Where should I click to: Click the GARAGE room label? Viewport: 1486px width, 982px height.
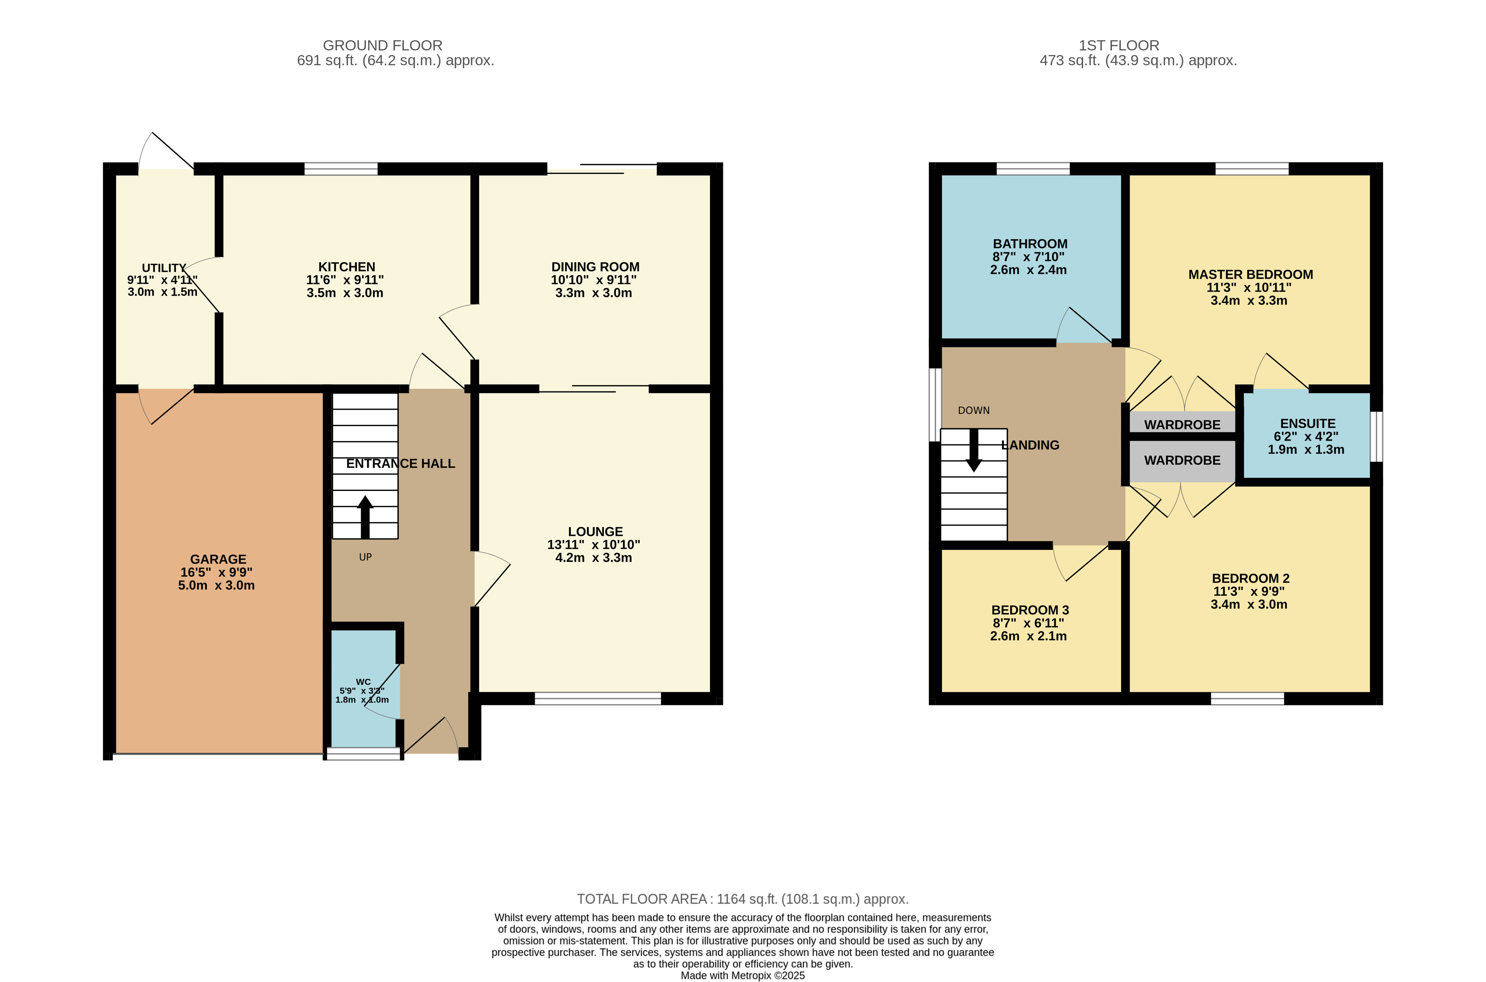tap(218, 559)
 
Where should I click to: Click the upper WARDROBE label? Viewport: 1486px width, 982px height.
tap(1182, 424)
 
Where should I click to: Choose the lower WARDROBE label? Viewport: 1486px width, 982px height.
tap(1182, 460)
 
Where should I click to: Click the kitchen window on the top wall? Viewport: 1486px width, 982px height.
tap(341, 169)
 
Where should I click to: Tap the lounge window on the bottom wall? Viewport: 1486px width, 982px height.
tap(598, 698)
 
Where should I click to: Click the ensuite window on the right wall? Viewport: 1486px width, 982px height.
tap(1376, 436)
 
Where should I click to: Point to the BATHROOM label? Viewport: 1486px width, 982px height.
tap(1030, 244)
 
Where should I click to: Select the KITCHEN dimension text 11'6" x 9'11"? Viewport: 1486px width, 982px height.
tap(345, 280)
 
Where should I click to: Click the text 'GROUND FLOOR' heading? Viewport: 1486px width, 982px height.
tap(383, 46)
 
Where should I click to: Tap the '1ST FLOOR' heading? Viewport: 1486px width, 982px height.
tap(1119, 46)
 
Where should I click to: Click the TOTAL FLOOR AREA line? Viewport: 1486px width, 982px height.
tap(743, 899)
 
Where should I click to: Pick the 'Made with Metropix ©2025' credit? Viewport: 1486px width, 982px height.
tap(743, 976)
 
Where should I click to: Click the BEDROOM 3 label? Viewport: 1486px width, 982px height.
tap(1030, 610)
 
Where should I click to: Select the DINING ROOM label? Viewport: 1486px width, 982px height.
tap(595, 267)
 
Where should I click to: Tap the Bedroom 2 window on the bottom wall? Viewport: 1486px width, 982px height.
tap(1247, 698)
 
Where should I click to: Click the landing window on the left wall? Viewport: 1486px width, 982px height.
tap(935, 405)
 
